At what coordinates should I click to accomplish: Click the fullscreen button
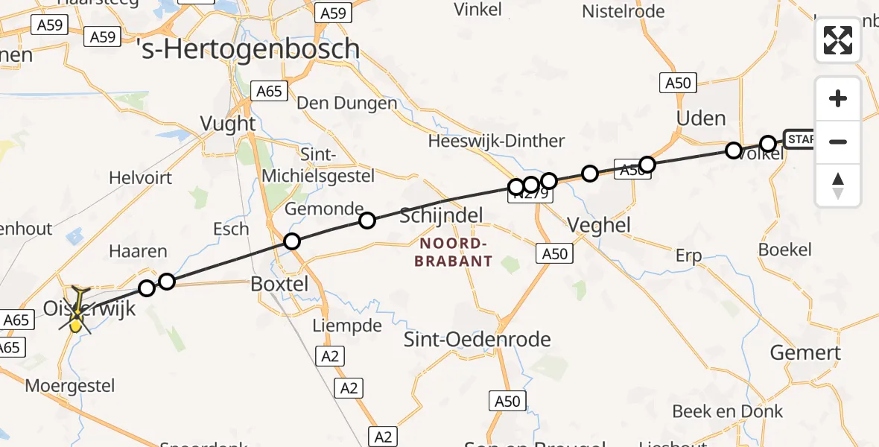tap(838, 40)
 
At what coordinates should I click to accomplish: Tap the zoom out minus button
tap(838, 142)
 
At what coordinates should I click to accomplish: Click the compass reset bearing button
tap(838, 185)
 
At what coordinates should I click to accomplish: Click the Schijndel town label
tap(441, 216)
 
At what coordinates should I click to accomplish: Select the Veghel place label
tap(598, 225)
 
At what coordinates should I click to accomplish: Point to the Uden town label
tap(700, 118)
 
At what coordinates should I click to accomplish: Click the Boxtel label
tap(279, 284)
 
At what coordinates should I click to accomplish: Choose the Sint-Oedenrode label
tap(477, 340)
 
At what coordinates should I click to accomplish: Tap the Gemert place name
tap(805, 352)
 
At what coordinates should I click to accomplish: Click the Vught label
tap(228, 124)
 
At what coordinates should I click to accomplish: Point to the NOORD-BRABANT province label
tap(455, 253)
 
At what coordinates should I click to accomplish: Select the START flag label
tap(799, 139)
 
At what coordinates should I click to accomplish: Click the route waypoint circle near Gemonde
tap(366, 220)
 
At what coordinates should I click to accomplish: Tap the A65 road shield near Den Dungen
tap(269, 91)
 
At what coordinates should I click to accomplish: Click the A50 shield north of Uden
tap(678, 83)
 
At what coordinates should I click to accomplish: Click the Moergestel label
tap(70, 385)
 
